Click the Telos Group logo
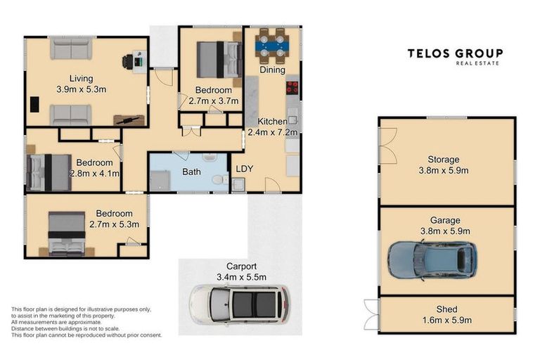pyautogui.click(x=455, y=57)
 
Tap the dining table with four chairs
pyautogui.click(x=272, y=46)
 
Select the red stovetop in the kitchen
pyautogui.click(x=292, y=87)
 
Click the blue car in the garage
pyautogui.click(x=432, y=259)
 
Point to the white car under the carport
pyautogui.click(x=240, y=304)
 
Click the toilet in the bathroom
pyautogui.click(x=219, y=180)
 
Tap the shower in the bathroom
pyautogui.click(x=160, y=181)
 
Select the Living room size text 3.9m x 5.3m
pyautogui.click(x=82, y=89)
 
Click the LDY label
pyautogui.click(x=245, y=169)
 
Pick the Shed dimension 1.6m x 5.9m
pyautogui.click(x=447, y=320)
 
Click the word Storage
pyautogui.click(x=444, y=160)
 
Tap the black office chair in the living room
pyautogui.click(x=127, y=62)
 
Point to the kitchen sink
pyautogui.click(x=292, y=120)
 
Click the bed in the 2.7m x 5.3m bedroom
pyautogui.click(x=67, y=234)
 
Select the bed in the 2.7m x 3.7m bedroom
pyautogui.click(x=219, y=60)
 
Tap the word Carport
pyautogui.click(x=241, y=266)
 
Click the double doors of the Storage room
pyautogui.click(x=388, y=146)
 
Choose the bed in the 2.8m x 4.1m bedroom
pyautogui.click(x=49, y=172)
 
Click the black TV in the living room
pyautogui.click(x=34, y=104)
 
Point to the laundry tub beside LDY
pyautogui.click(x=238, y=185)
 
